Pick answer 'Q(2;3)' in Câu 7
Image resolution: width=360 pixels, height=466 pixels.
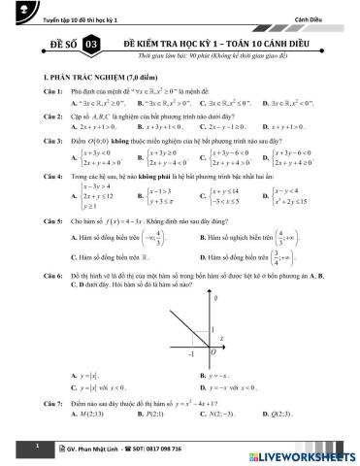[x=293, y=412]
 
